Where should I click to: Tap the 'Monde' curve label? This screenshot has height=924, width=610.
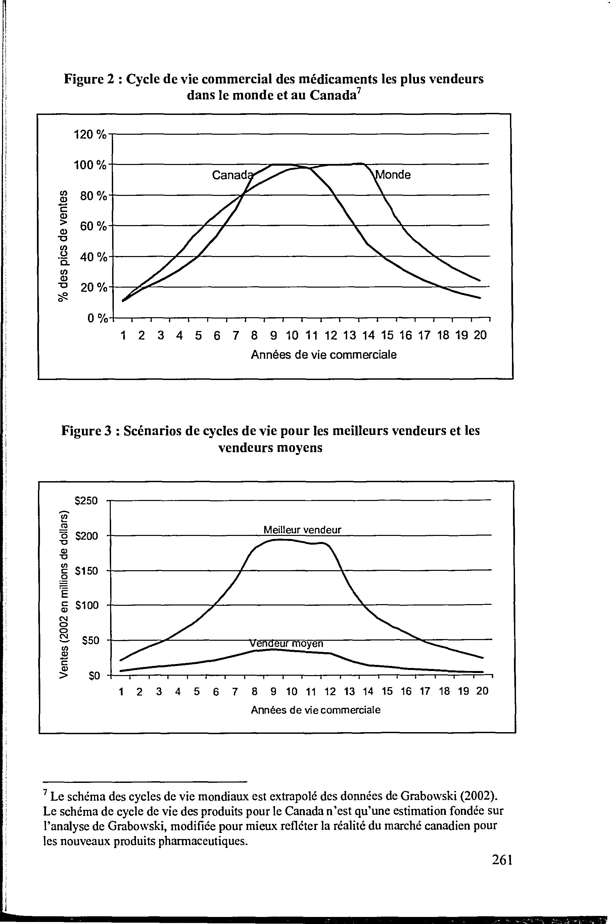pos(393,175)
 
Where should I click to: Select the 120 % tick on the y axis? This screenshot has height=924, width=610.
pos(90,135)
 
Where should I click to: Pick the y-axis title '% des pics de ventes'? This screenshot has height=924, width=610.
pos(62,247)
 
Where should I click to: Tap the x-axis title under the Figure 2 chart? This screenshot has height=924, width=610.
pos(324,355)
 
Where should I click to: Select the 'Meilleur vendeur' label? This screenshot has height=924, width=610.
pos(302,530)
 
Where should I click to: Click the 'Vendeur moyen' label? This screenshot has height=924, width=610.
pos(286,644)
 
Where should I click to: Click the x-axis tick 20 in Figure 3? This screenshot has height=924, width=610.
pos(482,691)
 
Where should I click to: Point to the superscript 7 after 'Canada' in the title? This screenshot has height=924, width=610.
pos(360,91)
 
